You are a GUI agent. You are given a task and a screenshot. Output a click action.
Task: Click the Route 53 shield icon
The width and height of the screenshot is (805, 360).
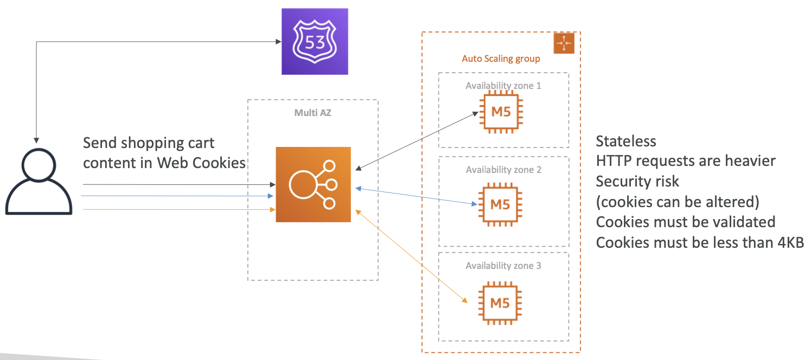click(315, 41)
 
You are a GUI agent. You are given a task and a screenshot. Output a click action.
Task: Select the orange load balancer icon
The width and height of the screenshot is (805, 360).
click(313, 184)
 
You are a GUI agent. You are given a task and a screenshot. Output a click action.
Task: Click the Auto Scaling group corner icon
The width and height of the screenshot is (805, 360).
click(564, 43)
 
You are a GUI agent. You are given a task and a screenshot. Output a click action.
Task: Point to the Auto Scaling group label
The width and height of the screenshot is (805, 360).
click(501, 59)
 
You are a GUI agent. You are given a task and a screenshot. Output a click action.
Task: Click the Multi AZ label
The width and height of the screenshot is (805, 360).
click(312, 113)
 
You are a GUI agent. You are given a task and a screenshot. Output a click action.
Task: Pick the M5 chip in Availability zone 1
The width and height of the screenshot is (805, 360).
click(501, 112)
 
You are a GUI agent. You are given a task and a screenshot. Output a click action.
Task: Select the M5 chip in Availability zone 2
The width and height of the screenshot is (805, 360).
click(500, 204)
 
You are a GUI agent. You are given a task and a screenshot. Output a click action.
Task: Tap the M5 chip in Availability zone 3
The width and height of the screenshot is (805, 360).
click(500, 303)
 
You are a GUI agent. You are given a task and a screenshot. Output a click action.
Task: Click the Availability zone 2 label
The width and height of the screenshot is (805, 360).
click(503, 170)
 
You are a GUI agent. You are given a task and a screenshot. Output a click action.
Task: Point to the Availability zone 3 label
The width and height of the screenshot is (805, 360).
click(503, 266)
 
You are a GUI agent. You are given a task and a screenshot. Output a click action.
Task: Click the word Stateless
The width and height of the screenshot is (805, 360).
click(625, 141)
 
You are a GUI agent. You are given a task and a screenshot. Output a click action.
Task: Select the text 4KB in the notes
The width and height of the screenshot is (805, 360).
click(790, 242)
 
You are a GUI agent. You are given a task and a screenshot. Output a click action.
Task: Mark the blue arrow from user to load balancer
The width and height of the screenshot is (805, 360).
click(177, 196)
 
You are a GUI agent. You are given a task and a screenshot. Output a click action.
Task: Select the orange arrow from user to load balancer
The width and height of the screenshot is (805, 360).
click(179, 209)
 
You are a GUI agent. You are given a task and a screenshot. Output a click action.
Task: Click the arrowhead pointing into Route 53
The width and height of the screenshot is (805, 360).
click(278, 42)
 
